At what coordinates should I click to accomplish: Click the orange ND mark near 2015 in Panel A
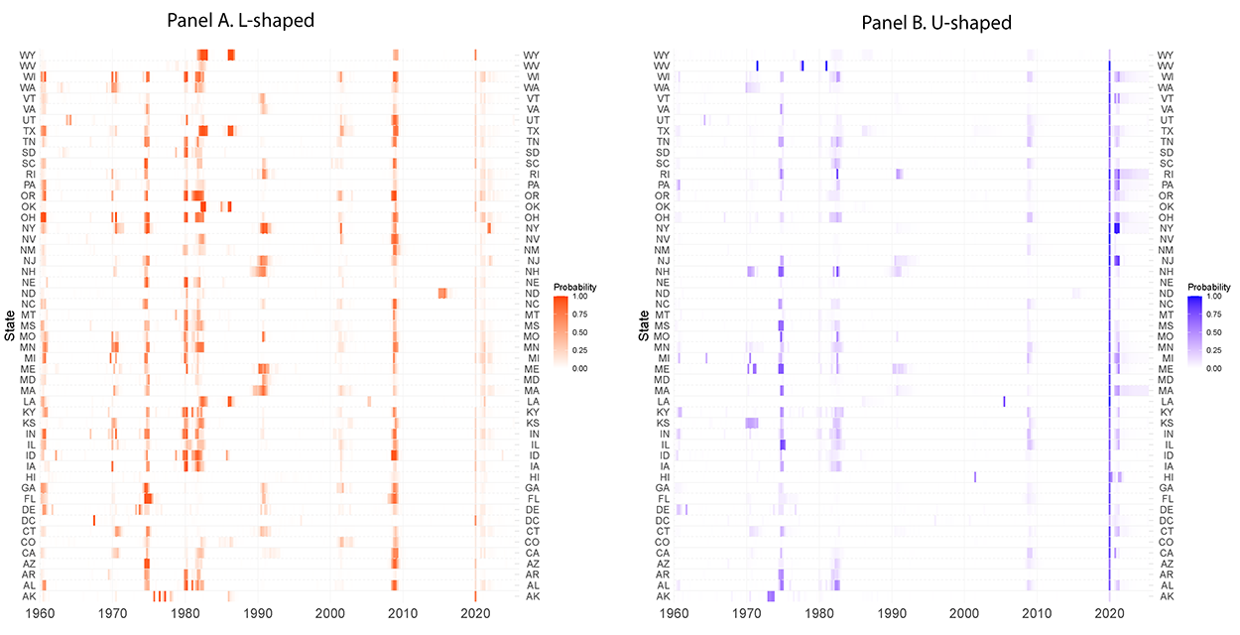442,293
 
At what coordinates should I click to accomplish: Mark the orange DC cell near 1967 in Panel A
94,520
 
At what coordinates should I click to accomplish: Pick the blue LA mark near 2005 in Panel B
1004,401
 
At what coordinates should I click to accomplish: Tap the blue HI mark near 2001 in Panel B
975,476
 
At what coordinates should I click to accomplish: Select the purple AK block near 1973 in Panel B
771,595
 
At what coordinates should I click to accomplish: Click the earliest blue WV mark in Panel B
757,65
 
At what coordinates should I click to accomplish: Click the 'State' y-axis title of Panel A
10,325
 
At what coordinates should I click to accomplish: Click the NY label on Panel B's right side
1167,228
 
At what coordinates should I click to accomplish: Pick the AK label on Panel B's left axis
663,595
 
